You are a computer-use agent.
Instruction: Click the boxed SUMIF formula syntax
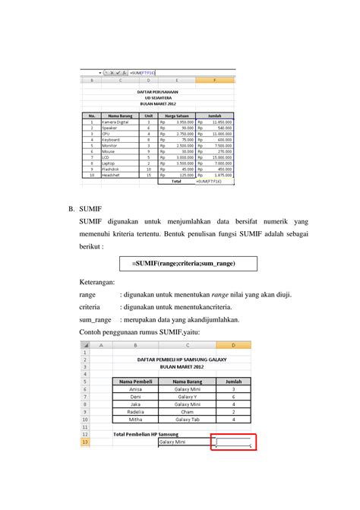pyautogui.click(x=182, y=263)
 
